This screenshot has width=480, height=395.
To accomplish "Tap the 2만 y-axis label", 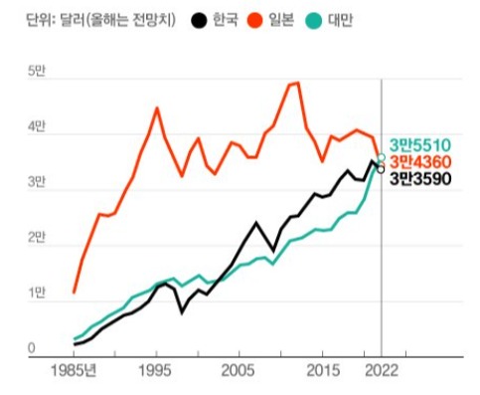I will tap(36, 238).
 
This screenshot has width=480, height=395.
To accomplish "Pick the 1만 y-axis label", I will tap(36, 294).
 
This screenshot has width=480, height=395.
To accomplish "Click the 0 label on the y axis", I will tap(32, 349).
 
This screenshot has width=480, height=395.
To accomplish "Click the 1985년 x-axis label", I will tap(76, 371).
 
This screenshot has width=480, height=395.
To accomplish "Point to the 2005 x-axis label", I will tap(235, 371).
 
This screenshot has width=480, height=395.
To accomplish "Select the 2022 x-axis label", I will tap(381, 371).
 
